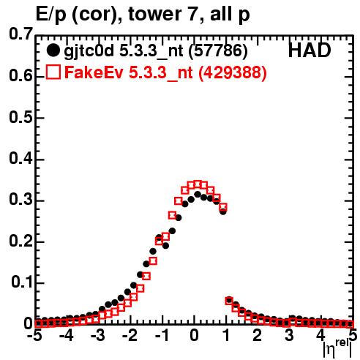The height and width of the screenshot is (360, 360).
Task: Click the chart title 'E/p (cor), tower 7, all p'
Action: tap(143, 14)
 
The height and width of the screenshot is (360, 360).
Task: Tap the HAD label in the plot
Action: tap(310, 50)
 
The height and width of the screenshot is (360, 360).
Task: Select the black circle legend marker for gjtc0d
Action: tap(53, 50)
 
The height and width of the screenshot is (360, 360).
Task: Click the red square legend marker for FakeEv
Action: tap(53, 72)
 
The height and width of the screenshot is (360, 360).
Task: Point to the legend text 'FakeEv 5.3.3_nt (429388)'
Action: tap(165, 72)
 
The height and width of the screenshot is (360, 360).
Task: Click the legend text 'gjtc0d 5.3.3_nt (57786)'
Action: tap(156, 51)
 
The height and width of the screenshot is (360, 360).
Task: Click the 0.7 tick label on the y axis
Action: tap(20, 34)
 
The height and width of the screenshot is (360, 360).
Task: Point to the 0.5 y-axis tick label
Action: tap(20, 117)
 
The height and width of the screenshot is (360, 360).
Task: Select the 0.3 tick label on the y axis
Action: tap(20, 199)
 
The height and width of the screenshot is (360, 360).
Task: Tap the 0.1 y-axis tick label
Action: tap(22, 282)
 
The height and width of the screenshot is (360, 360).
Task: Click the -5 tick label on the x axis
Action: tap(35, 335)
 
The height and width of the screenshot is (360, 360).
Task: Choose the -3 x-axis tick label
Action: tap(97, 335)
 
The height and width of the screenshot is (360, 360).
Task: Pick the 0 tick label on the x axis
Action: tap(194, 335)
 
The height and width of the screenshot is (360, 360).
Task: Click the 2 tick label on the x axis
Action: tap(258, 335)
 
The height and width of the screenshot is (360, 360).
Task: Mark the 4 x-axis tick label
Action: tap(320, 335)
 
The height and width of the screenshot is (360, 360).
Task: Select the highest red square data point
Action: tap(198, 184)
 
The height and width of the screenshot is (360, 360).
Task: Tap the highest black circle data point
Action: tap(198, 195)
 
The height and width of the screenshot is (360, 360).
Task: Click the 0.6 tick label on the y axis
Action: tap(20, 76)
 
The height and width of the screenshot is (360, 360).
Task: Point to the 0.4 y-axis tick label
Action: tap(20, 159)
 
